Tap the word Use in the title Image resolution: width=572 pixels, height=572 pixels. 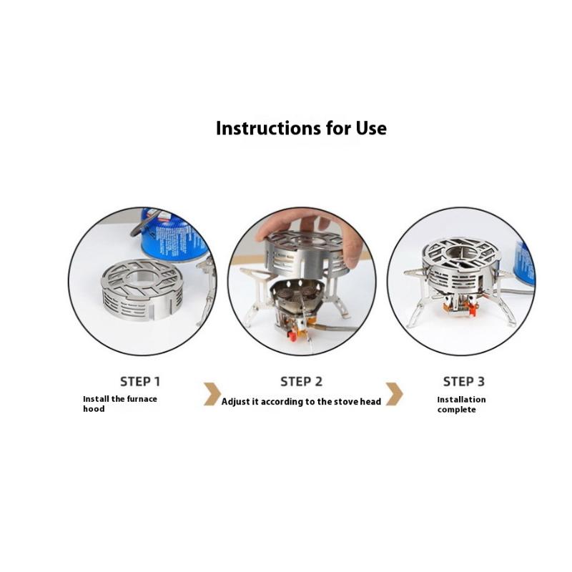371,129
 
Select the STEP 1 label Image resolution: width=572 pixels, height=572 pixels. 140,382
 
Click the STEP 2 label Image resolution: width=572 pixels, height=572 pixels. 301,382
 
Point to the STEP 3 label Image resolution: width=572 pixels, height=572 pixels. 463,382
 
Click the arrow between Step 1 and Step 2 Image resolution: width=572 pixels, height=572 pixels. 212,394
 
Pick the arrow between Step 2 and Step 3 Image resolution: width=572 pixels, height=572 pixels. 395,394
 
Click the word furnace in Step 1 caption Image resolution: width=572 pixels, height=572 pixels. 142,399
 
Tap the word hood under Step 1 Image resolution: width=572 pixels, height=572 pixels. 94,409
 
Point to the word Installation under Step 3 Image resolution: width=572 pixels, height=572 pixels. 461,400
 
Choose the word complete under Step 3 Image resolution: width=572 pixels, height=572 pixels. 456,410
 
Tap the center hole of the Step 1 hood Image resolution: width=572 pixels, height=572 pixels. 141,276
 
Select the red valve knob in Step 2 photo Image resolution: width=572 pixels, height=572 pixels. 292,335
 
